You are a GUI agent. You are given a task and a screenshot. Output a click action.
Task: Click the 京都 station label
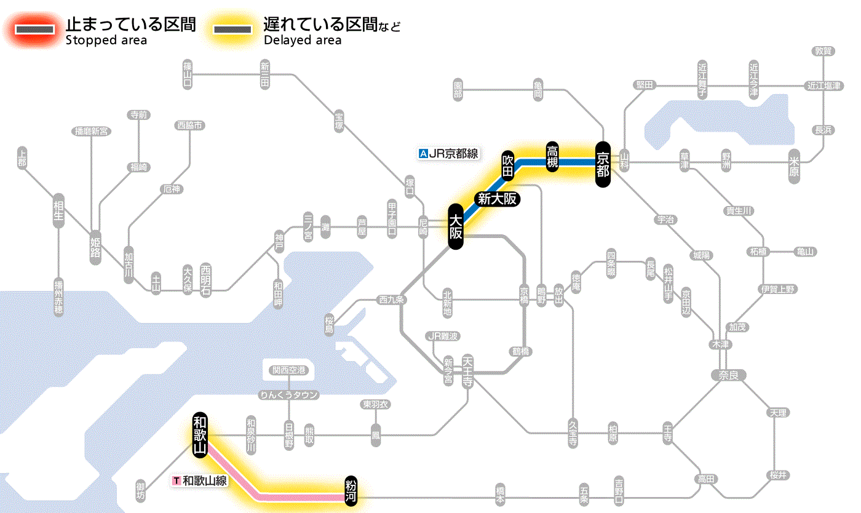[603, 164]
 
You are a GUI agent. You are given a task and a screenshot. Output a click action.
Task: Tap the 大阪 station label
[455, 227]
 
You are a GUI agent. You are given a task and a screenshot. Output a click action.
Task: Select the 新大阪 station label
[497, 199]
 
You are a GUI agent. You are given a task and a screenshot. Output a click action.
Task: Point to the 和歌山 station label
[199, 434]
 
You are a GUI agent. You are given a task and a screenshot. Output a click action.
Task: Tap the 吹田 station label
[507, 165]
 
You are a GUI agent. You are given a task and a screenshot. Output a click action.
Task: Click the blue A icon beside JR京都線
[423, 154]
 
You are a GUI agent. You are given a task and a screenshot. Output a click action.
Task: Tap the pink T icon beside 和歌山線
[177, 480]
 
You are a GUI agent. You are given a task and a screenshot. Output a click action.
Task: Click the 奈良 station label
[728, 375]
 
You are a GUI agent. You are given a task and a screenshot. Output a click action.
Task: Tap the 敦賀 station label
[823, 51]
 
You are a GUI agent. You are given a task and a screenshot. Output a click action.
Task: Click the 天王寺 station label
[467, 370]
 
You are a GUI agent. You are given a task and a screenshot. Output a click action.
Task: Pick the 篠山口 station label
[188, 74]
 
